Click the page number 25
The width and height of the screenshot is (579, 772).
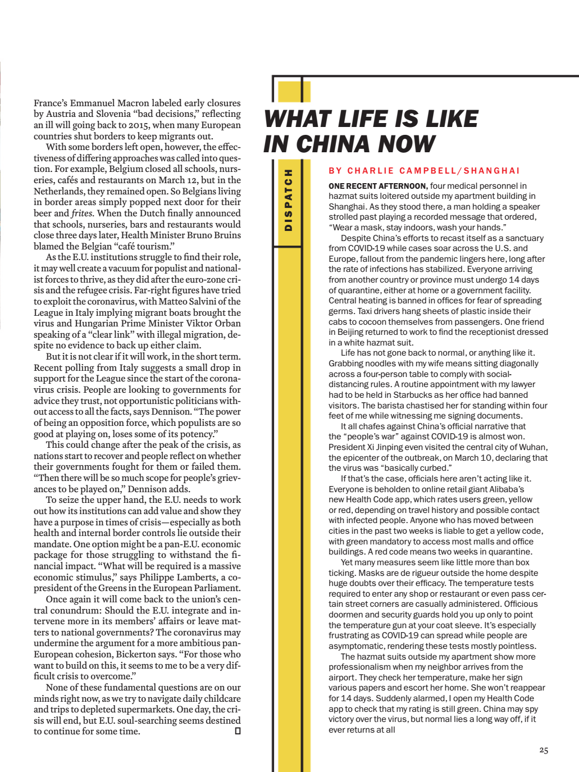pyautogui.click(x=543, y=750)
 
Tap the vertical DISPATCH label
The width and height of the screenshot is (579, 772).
pyautogui.click(x=289, y=200)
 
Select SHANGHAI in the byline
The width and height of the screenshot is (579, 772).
pyautogui.click(x=491, y=171)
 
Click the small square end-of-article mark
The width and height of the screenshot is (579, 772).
pyautogui.click(x=238, y=731)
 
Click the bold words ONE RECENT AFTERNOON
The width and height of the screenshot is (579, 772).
pyautogui.click(x=378, y=186)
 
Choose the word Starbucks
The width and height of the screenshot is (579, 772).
pyautogui.click(x=413, y=395)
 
